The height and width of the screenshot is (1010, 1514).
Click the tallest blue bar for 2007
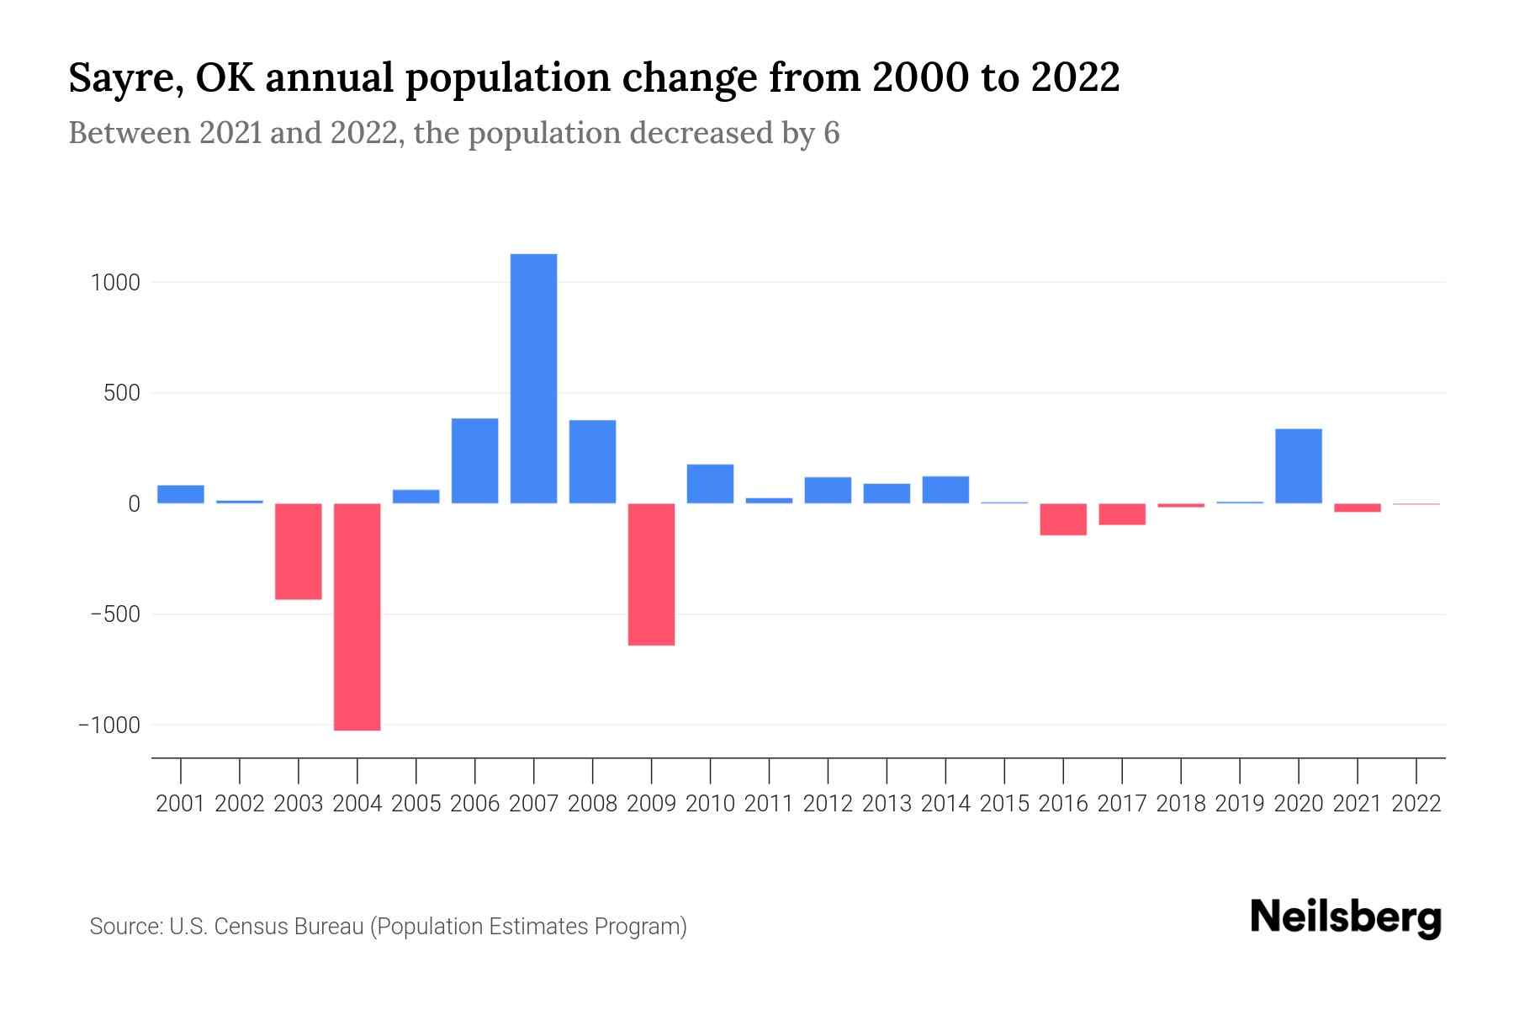coord(533,379)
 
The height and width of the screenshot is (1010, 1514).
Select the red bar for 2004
coord(357,617)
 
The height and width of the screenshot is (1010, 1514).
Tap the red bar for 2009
coord(651,575)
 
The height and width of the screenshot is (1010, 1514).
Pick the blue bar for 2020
coord(1298,466)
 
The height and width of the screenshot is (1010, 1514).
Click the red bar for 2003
coord(299,551)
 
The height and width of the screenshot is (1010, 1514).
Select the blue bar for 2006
coord(474,461)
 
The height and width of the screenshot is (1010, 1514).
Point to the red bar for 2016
coord(1063,519)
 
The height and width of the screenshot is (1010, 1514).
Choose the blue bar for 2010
coord(710,484)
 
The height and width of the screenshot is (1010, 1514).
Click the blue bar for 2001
coord(181,494)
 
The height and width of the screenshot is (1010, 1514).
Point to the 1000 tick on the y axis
coord(115,283)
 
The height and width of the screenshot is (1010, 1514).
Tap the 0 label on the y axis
coord(133,504)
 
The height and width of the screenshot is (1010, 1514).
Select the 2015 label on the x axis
coord(1004,804)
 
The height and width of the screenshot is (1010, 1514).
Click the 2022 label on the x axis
coord(1416,804)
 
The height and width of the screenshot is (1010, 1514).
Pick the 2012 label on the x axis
coord(828,804)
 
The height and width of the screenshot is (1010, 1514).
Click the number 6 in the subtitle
coord(831,133)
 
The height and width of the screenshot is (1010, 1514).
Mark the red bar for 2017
coord(1122,514)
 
